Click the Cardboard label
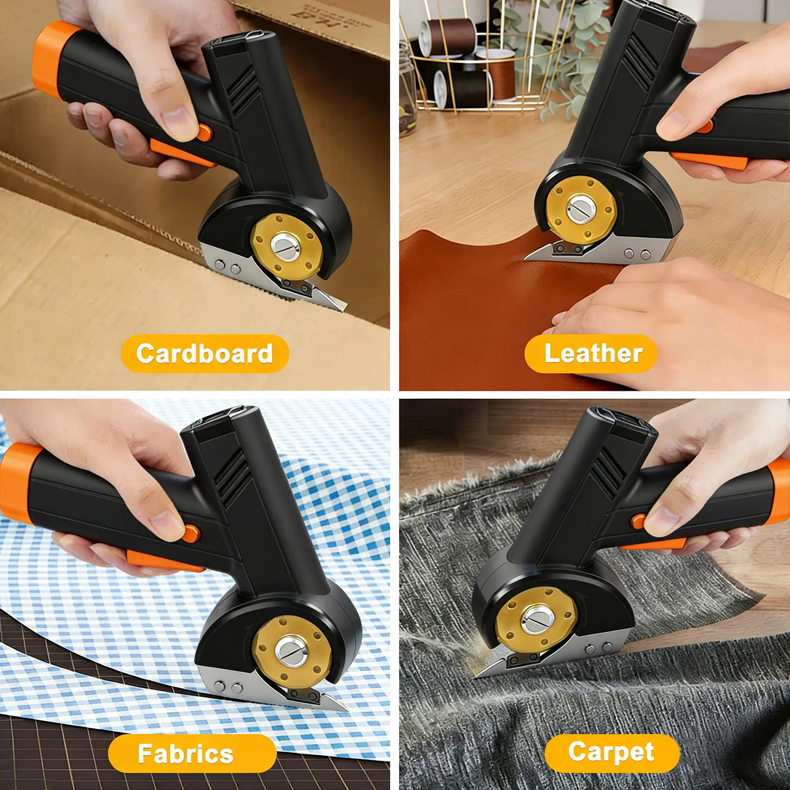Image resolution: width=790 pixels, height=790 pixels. (205, 353)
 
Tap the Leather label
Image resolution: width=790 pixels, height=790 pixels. (593, 353)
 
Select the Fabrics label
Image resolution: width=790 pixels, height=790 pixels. (185, 754)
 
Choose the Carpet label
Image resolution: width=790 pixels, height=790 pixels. (611, 752)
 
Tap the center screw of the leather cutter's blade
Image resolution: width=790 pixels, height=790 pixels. (581, 209)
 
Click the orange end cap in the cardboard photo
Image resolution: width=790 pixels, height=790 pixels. (50, 55)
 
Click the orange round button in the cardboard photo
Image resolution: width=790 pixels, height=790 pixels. (204, 133)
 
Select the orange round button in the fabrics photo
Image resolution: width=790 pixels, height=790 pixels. (191, 533)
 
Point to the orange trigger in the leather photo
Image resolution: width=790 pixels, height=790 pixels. (709, 160)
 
